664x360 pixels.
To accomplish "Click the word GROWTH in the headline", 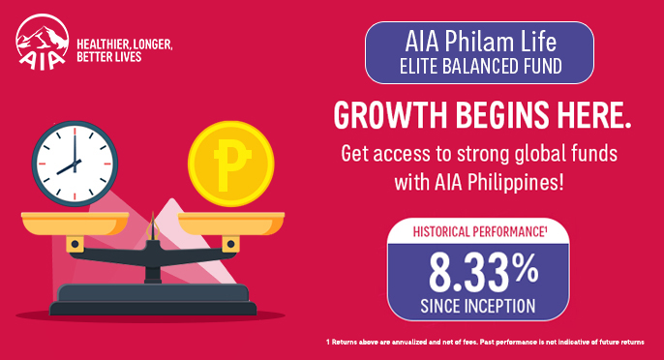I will coord(387,115).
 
